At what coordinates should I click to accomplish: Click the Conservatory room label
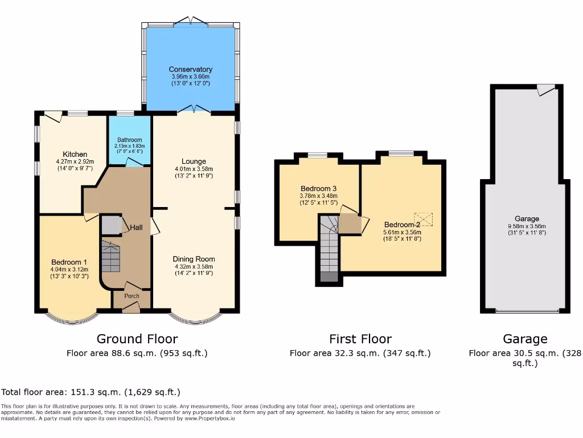point(191,70)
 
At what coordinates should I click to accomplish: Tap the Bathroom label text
point(130,140)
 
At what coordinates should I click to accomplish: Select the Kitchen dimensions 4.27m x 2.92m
point(75,161)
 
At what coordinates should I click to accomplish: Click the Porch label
point(132,296)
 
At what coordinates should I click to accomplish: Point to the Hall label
point(136,228)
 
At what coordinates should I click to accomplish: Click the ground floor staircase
point(111,257)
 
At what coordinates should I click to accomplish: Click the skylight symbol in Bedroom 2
point(424,219)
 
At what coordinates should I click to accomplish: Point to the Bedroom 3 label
point(315,189)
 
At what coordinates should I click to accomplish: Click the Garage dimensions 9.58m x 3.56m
point(527,226)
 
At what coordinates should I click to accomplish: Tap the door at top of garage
point(545,90)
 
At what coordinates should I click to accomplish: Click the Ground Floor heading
point(137,339)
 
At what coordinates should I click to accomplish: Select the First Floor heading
point(360,339)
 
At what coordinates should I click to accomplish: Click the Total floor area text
point(91,392)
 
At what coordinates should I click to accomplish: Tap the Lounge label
point(194,161)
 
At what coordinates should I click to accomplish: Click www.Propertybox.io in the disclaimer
point(210,419)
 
